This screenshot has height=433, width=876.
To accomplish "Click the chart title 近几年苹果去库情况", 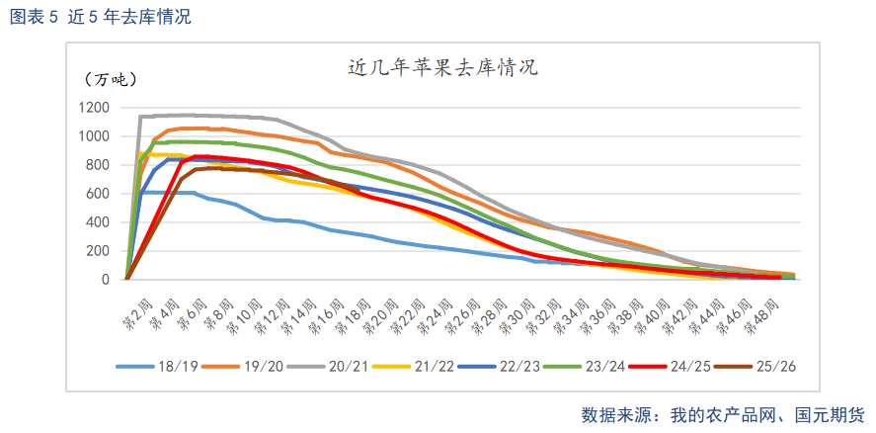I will pos(442,68).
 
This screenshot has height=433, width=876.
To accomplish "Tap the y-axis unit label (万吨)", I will pos(110,79).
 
